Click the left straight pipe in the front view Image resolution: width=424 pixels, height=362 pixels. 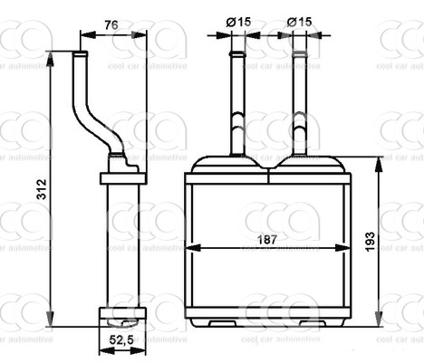237,100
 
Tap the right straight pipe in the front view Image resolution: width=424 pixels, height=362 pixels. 297,100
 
